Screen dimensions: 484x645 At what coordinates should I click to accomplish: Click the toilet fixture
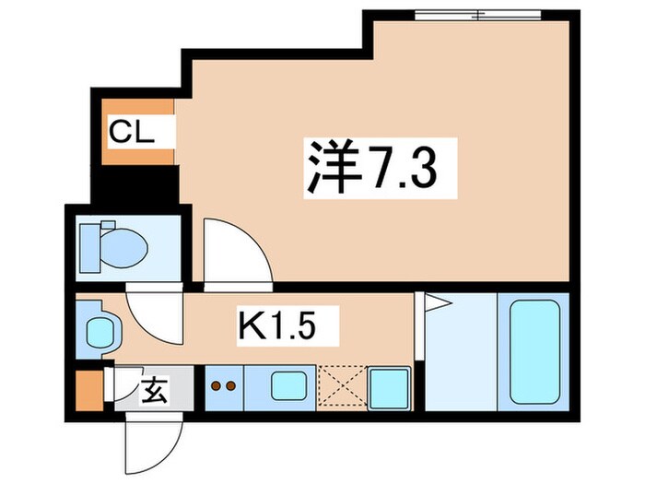tap(114, 246)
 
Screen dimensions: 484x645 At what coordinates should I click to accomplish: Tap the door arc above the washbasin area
tap(153, 313)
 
